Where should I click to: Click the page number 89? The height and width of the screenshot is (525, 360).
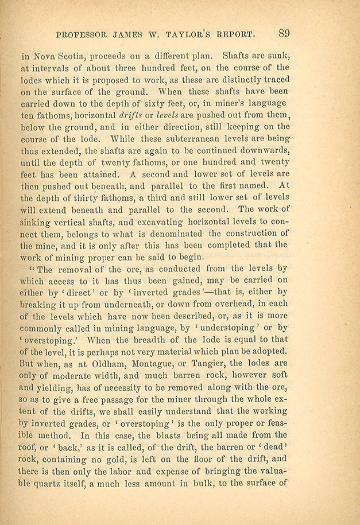(x=284, y=33)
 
